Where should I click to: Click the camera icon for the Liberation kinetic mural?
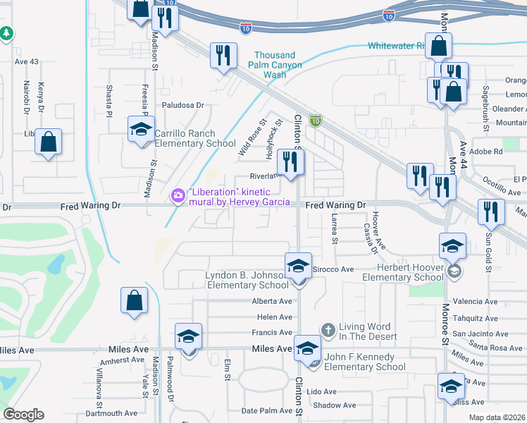tap(178, 194)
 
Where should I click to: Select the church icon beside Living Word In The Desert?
tap(328, 329)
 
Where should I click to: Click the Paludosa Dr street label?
tap(182, 106)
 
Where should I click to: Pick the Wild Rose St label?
tap(249, 137)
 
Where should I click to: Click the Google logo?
tap(23, 415)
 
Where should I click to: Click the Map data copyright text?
tap(496, 417)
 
